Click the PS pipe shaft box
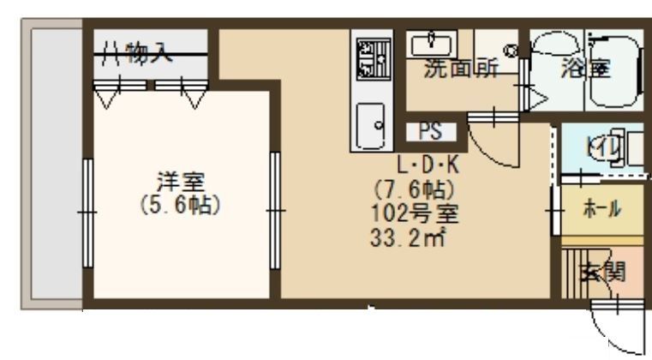coord(428,132)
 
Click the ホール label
coord(602,208)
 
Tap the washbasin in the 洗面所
coord(432,42)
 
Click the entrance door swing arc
coord(615,330)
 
